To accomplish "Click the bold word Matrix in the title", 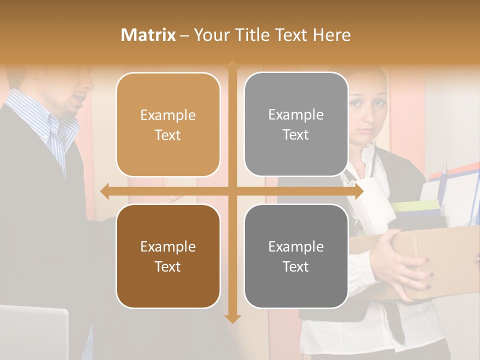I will point(148,35).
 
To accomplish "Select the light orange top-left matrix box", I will point(168,124).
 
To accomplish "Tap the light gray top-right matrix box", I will point(296,124).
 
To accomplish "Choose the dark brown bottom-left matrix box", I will point(168,256).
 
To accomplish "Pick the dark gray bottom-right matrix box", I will point(296,256).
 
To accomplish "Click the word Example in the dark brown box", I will point(168,246).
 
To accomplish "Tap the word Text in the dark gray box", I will point(296,266).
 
